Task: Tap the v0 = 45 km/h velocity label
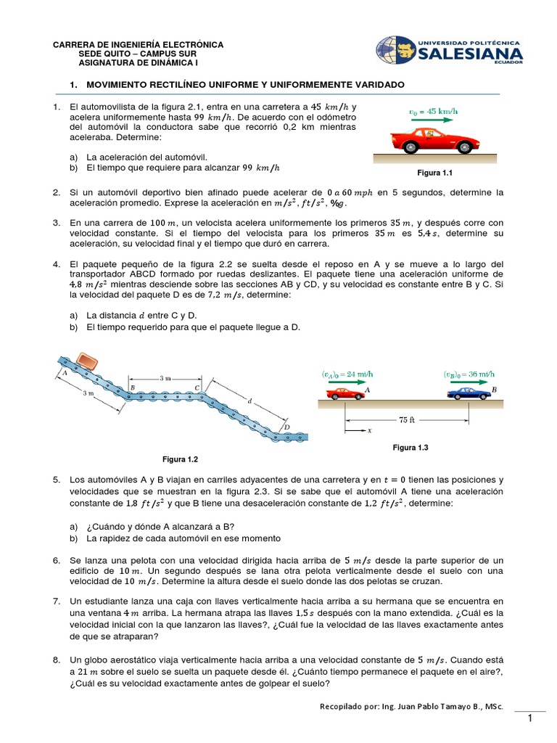coord(434,111)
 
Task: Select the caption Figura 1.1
coord(434,174)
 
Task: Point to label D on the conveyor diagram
coord(286,427)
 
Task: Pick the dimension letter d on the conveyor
coord(250,400)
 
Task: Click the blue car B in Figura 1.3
coord(469,394)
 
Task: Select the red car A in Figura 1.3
coord(346,394)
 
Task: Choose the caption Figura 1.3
coord(410,448)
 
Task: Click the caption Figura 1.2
coord(180,459)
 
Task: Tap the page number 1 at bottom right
coord(530,718)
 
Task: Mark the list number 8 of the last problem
coord(56,660)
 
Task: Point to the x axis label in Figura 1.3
coord(369,430)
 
